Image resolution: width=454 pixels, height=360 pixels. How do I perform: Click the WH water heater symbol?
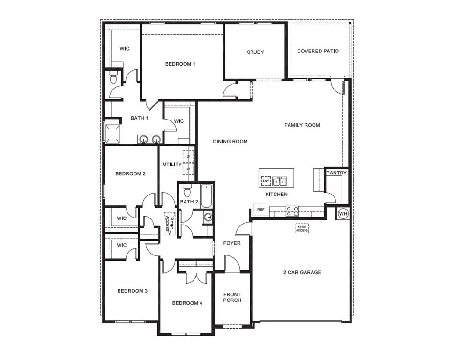pos(343,213)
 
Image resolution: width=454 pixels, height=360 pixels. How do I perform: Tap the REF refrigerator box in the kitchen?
pos(260,209)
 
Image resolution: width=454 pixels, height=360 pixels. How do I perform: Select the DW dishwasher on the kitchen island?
pos(266,180)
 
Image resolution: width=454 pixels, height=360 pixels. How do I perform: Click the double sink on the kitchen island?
pos(280,181)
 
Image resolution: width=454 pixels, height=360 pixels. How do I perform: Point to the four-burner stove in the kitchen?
pos(292,211)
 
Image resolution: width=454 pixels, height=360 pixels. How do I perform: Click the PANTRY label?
pos(336,173)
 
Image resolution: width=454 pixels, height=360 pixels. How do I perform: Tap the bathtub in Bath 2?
pos(206,195)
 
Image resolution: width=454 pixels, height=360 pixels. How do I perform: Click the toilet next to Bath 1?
pos(114,78)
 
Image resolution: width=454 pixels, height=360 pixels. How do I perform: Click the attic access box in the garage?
pos(302,228)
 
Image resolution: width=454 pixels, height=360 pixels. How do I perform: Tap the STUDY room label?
pos(255,52)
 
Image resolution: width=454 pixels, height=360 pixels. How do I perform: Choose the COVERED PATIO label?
pos(318,51)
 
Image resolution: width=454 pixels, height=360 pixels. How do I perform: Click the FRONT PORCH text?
pos(232,297)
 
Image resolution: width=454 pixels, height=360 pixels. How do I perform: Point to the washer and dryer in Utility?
pos(188,162)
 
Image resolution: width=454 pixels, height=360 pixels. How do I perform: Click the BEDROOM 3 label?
pos(132,291)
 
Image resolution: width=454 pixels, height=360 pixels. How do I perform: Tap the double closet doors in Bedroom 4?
pos(193,277)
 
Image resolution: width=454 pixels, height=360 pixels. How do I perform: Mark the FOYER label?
pos(231,243)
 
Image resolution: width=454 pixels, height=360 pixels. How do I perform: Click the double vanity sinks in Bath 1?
pos(149,139)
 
